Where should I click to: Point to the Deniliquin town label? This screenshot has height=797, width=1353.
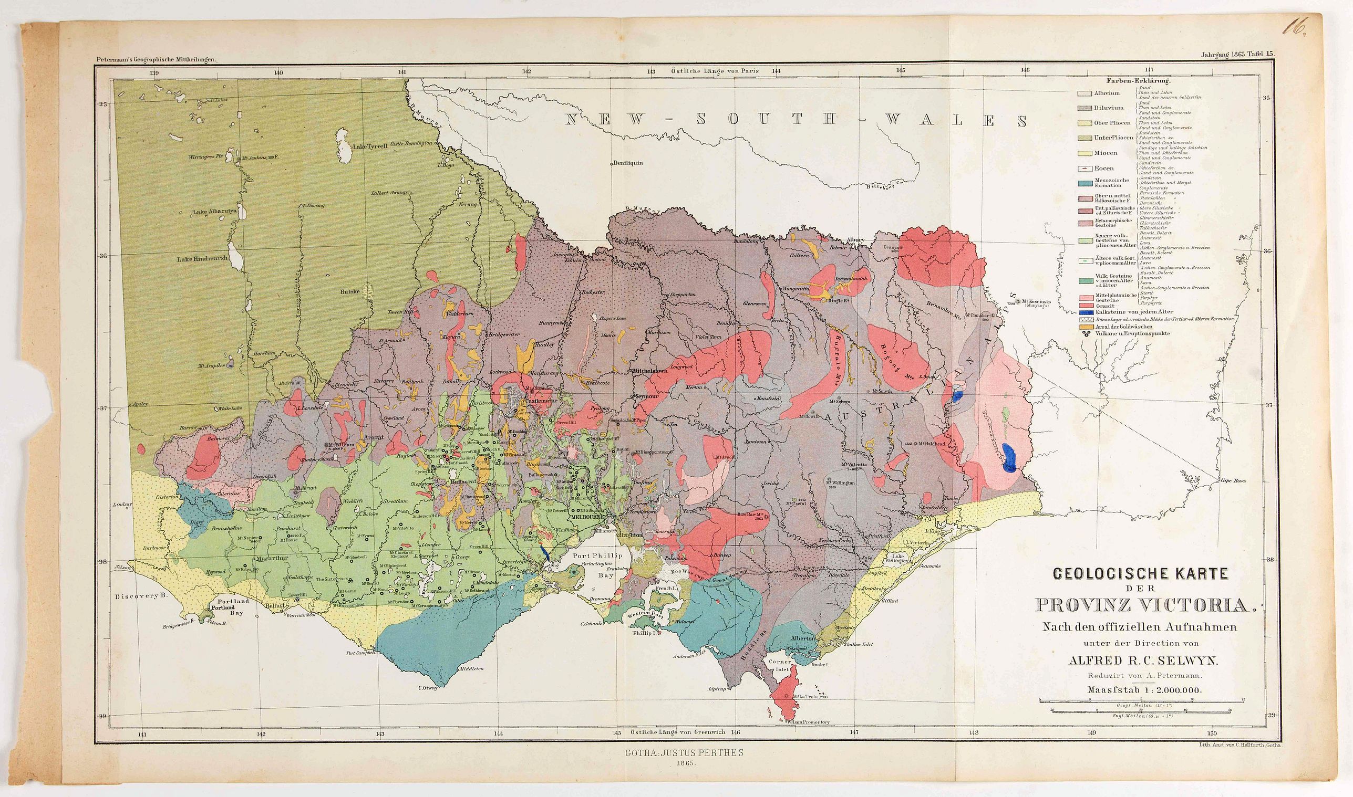(x=628, y=163)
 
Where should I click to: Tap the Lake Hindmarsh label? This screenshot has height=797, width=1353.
(x=202, y=259)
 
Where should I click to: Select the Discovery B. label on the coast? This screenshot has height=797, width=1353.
(x=141, y=596)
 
